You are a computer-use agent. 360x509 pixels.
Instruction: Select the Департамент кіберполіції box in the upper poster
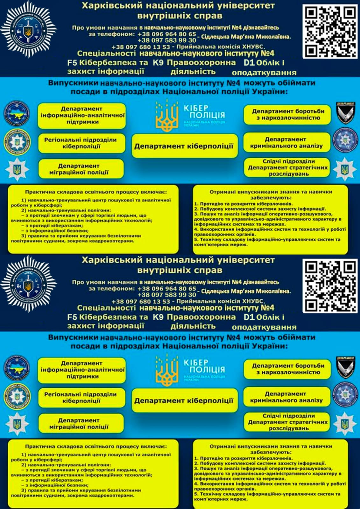click(x=184, y=146)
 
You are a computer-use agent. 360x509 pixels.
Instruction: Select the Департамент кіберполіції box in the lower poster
click(x=184, y=400)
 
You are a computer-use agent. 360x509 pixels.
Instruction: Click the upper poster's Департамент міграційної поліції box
click(x=81, y=169)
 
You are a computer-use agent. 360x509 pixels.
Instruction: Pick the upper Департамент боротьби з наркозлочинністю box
click(x=287, y=115)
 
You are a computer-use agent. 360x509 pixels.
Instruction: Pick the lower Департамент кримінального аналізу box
click(x=287, y=397)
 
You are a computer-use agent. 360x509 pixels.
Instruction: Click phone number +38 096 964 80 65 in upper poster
click(x=167, y=34)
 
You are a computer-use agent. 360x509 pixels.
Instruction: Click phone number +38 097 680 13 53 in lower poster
click(x=141, y=301)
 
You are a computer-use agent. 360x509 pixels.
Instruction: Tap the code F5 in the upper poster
click(x=72, y=63)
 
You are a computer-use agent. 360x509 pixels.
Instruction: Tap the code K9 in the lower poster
click(x=158, y=317)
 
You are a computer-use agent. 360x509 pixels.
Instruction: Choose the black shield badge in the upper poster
click(x=346, y=113)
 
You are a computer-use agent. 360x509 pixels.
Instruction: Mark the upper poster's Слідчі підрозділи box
click(x=287, y=167)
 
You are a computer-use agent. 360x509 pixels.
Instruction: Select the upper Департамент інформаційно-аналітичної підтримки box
click(x=82, y=116)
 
